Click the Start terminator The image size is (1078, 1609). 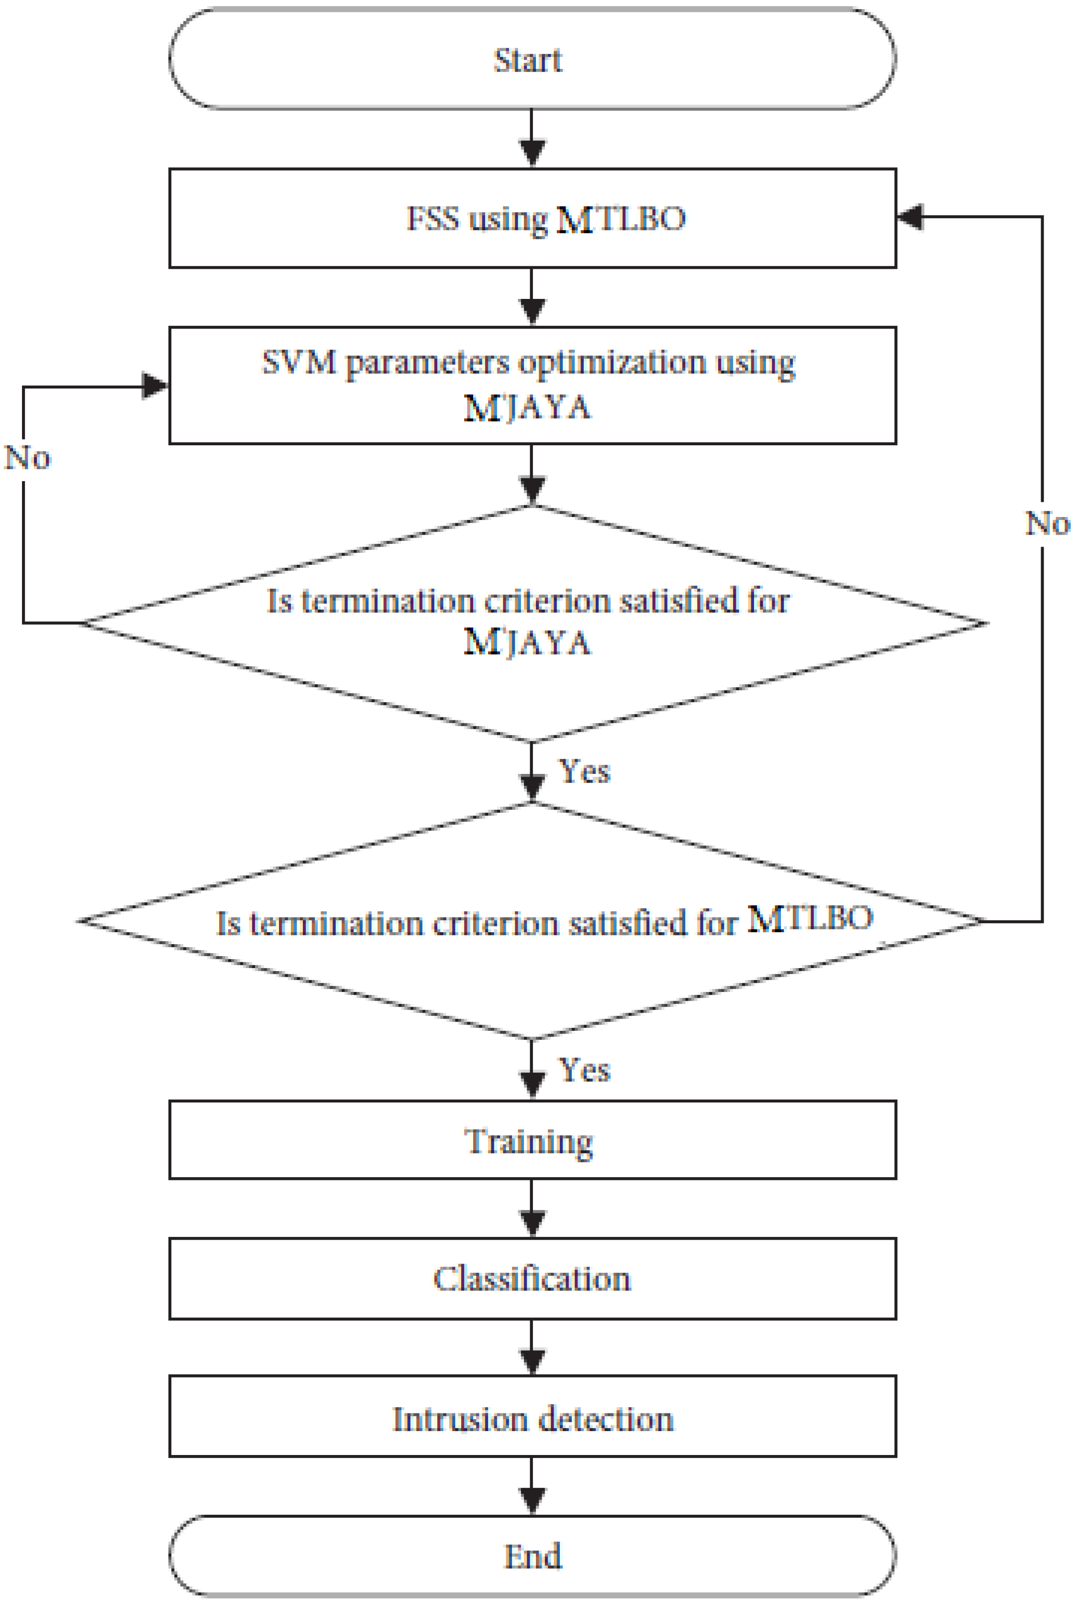(x=532, y=59)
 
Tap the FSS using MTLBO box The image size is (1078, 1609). (x=532, y=218)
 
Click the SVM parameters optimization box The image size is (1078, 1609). (x=532, y=385)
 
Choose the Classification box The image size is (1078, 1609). (x=532, y=1278)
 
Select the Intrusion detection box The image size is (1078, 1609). (x=532, y=1419)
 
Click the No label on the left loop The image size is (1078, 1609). (x=27, y=458)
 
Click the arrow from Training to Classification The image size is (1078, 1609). (x=532, y=1208)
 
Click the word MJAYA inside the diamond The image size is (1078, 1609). (x=527, y=643)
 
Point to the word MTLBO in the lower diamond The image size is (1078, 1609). (x=810, y=918)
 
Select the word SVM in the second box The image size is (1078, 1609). (x=299, y=362)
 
